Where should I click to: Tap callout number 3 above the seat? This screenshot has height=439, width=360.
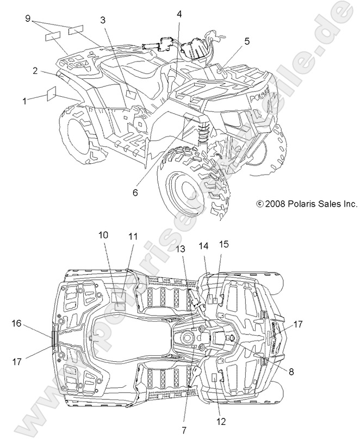pyautogui.click(x=103, y=21)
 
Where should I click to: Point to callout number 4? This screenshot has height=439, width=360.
pyautogui.click(x=179, y=15)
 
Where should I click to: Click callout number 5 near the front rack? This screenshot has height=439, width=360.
pyautogui.click(x=247, y=41)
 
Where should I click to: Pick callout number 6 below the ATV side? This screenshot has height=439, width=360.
pyautogui.click(x=134, y=192)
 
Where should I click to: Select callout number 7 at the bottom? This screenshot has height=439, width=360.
pyautogui.click(x=184, y=430)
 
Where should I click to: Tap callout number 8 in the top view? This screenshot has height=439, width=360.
pyautogui.click(x=291, y=372)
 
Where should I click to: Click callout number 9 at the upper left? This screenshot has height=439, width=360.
pyautogui.click(x=28, y=18)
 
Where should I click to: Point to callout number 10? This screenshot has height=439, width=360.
pyautogui.click(x=103, y=235)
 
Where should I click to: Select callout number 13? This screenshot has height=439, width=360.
pyautogui.click(x=181, y=249)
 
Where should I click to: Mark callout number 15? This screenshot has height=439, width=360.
pyautogui.click(x=224, y=245)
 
